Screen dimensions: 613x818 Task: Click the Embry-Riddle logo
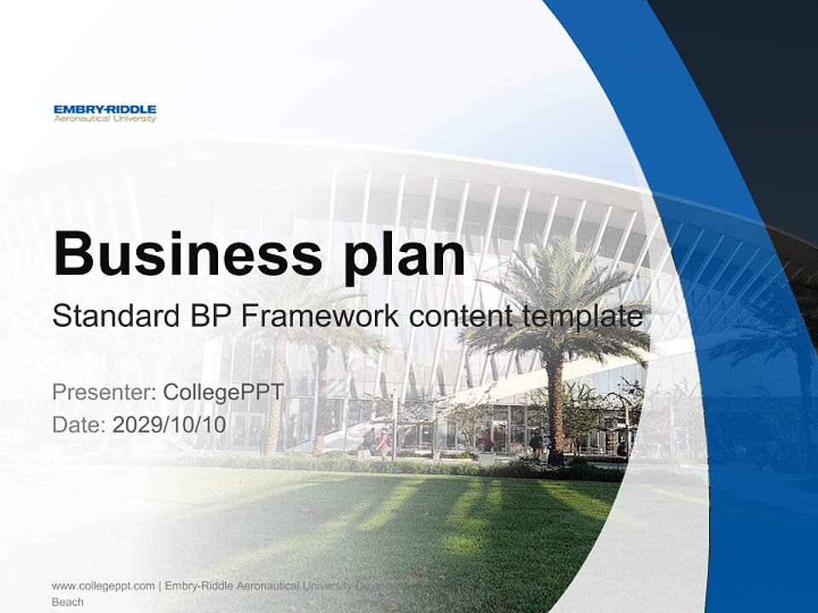pyautogui.click(x=105, y=113)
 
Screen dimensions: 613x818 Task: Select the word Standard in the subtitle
pyautogui.click(x=112, y=317)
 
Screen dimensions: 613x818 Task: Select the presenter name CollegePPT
pyautogui.click(x=223, y=392)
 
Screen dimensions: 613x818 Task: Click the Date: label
pyautogui.click(x=79, y=424)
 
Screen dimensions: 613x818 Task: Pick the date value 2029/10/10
pyautogui.click(x=170, y=424)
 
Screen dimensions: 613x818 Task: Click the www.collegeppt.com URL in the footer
pyautogui.click(x=103, y=586)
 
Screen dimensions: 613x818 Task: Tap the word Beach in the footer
pyautogui.click(x=68, y=602)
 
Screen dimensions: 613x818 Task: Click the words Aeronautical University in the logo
pyautogui.click(x=105, y=119)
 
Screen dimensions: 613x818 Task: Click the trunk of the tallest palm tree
pyautogui.click(x=555, y=409)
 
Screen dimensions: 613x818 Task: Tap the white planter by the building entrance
pyautogui.click(x=487, y=459)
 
